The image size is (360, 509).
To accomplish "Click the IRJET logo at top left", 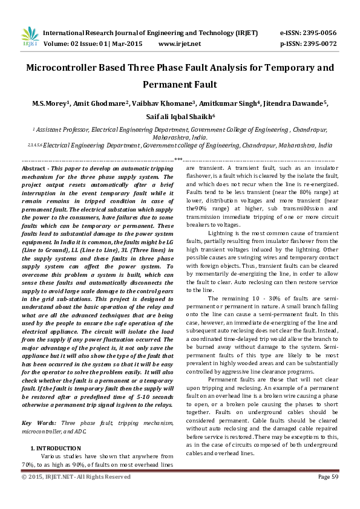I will [29, 37].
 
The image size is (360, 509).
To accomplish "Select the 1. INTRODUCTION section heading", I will [51, 448].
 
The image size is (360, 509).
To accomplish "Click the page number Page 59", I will [327, 477].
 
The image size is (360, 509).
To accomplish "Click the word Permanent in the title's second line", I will [180, 85].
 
